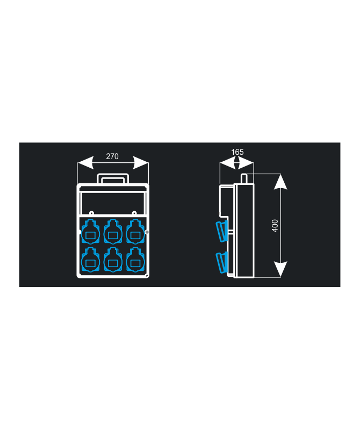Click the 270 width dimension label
[112, 156]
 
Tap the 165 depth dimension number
[237, 152]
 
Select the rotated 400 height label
[275, 225]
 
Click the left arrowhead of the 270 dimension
[85, 163]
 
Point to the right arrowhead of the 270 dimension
[141, 163]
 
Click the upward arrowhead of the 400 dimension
[280, 182]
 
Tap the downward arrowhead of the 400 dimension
[280, 269]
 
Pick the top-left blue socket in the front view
[90, 232]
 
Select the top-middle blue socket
[113, 232]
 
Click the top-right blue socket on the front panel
[135, 232]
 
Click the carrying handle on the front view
[113, 174]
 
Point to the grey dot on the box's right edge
[147, 232]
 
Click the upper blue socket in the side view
[222, 231]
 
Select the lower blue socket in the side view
[222, 262]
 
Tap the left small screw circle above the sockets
[91, 213]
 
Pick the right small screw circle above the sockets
[134, 213]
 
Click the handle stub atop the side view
[244, 178]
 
